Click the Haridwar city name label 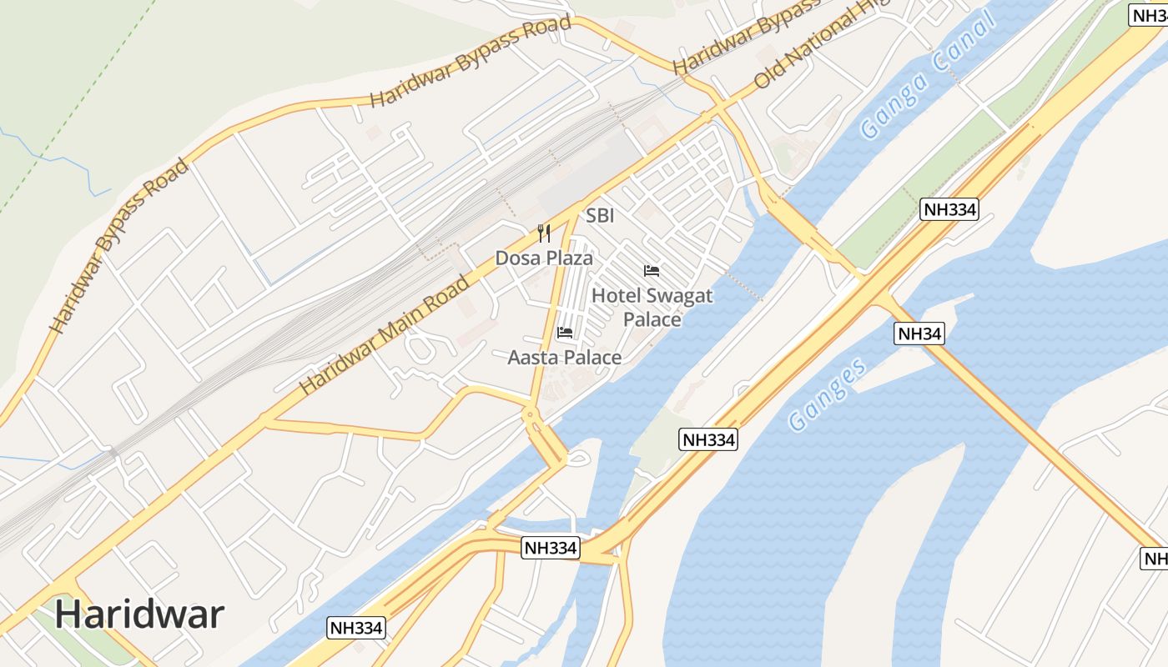139,614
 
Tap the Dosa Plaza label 544,258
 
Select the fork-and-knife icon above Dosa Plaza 544,232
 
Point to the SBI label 600,216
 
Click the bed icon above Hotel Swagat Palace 652,271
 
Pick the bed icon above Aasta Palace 565,333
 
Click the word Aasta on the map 534,357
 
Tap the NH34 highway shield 919,333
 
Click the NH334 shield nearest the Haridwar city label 357,628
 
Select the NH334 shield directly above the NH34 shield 949,209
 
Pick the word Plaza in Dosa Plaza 569,258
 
